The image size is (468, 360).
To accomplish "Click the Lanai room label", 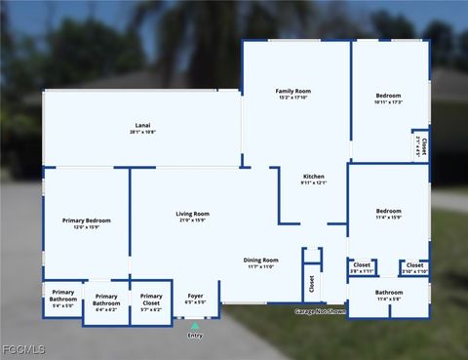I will pos(143,125).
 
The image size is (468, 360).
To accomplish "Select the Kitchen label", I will pos(314,177).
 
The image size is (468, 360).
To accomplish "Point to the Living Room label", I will pos(192,214).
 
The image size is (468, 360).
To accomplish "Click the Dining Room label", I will pos(260,260).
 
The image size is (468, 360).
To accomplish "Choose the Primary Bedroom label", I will pos(86,220).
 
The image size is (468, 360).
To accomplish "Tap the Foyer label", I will pos(195,295).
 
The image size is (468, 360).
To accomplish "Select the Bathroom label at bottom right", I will pos(388,292).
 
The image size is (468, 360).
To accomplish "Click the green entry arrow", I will pos(195,326).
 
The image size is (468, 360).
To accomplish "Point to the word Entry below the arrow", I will pos(195,336).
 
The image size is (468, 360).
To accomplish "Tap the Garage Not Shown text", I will pos(321,312).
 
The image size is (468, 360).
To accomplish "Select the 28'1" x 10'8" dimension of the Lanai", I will pos(143,132).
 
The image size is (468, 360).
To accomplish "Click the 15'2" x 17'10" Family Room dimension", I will pos(292,98).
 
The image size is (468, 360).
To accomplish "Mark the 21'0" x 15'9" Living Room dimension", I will pos(192,220).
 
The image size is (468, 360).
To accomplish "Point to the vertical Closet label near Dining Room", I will pos(312,285).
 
